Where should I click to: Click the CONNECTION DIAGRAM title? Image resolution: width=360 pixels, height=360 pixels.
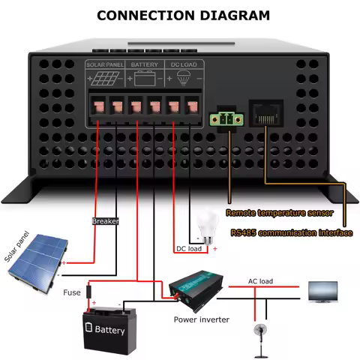(x=179, y=14)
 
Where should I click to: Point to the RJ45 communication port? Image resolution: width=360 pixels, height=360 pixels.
(x=265, y=114)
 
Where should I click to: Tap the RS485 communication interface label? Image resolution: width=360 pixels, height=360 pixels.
(x=291, y=232)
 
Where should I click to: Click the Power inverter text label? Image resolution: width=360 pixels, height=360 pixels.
(x=201, y=319)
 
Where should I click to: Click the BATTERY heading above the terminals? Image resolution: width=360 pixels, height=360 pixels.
(x=145, y=65)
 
